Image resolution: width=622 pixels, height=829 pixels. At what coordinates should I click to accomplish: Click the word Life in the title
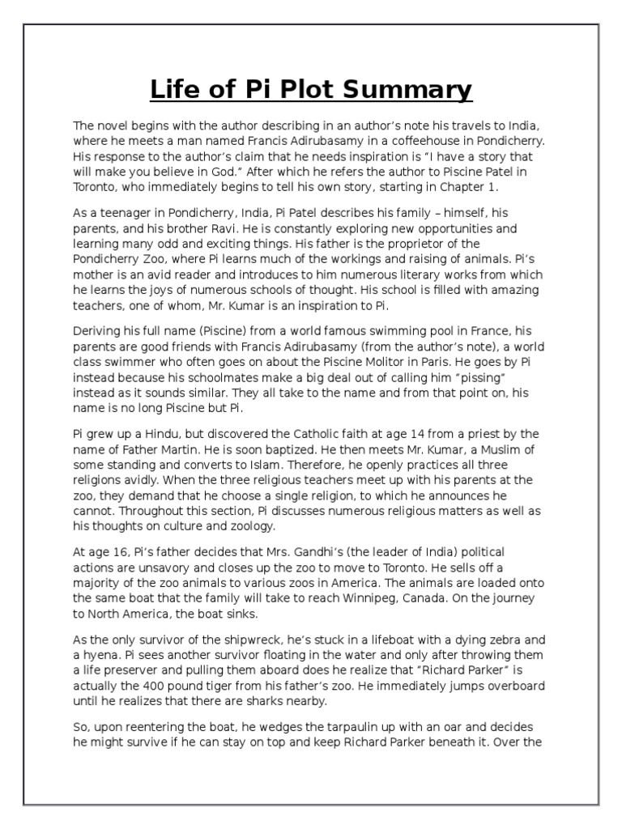point(175,89)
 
